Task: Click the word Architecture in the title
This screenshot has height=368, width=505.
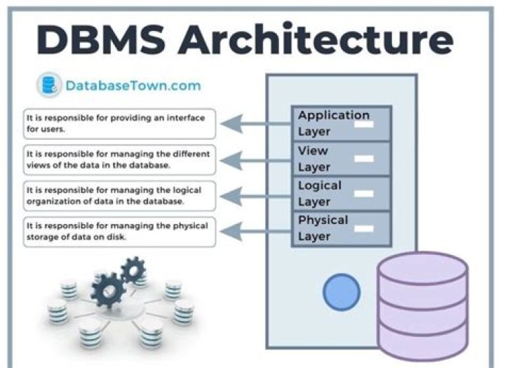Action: click(315, 39)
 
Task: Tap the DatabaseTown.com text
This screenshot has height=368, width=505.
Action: click(133, 86)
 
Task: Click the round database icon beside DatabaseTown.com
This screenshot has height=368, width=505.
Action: click(49, 86)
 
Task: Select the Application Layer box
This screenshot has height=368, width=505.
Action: click(341, 124)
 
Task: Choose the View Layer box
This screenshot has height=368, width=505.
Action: click(341, 159)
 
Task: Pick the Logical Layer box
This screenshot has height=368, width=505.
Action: click(341, 194)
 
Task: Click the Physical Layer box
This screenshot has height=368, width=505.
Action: click(341, 228)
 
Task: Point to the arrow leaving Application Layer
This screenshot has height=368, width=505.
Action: click(256, 125)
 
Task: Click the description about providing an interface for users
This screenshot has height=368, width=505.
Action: click(119, 124)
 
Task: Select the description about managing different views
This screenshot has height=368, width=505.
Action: click(119, 159)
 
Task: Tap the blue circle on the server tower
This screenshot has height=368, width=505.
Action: click(342, 290)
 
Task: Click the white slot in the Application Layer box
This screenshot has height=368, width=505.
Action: click(363, 124)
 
